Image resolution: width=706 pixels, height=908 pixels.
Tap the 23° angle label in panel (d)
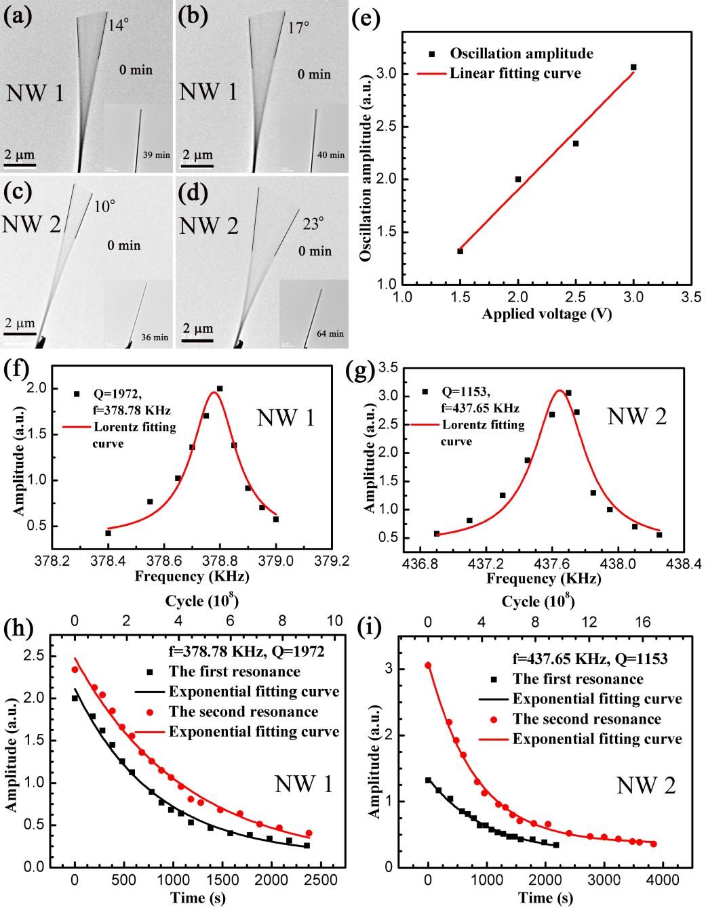[x=313, y=224]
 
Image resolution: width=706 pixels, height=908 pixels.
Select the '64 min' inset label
[x=330, y=333]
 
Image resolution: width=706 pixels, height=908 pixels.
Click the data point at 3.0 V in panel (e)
[x=633, y=67]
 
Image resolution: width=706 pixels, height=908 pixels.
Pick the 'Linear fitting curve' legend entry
[x=515, y=73]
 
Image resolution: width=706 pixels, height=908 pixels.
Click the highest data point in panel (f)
[x=220, y=389]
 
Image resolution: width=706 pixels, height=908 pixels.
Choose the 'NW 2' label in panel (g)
[x=637, y=415]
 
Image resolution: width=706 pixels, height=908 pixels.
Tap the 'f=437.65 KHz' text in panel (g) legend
[x=480, y=408]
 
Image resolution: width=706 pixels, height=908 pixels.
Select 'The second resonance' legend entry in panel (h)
[x=243, y=711]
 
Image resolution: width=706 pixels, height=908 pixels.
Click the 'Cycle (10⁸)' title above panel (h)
[x=201, y=600]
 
